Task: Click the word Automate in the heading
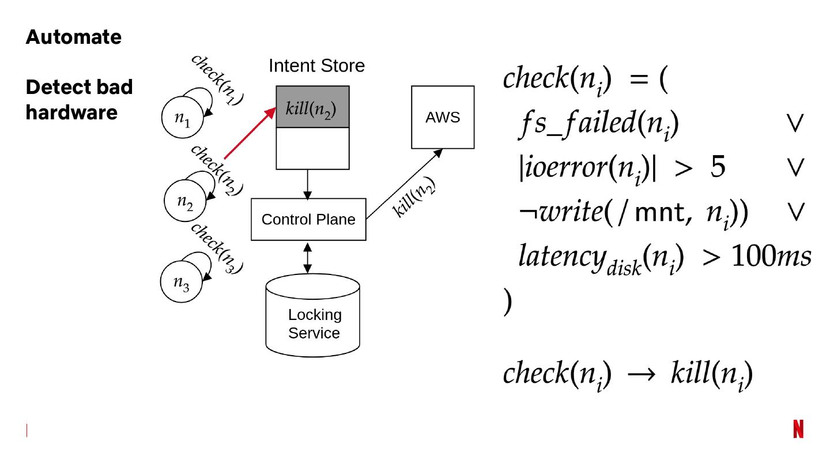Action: point(74,37)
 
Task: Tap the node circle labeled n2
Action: point(184,201)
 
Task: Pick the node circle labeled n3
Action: point(182,282)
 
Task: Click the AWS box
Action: point(443,118)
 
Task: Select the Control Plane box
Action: point(308,220)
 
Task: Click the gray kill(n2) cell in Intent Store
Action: point(312,107)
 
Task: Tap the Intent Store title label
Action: point(316,66)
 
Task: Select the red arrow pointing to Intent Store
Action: point(249,133)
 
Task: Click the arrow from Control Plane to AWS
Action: point(403,184)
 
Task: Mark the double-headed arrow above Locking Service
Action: point(308,258)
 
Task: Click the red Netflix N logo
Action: point(798,429)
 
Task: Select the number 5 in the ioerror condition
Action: point(718,167)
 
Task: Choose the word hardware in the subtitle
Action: point(71,112)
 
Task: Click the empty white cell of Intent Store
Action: point(312,148)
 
